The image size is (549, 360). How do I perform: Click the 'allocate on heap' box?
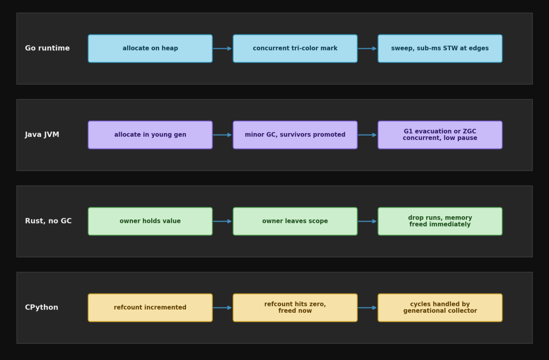click(x=150, y=48)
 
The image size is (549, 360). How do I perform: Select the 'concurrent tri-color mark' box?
click(x=295, y=48)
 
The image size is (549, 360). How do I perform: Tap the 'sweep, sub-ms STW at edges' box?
click(x=440, y=48)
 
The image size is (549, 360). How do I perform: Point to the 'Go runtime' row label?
click(x=47, y=48)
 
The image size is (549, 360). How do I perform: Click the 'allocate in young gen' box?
click(x=150, y=135)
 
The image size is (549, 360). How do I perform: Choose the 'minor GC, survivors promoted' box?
click(x=295, y=135)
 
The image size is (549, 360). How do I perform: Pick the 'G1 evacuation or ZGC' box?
click(x=440, y=135)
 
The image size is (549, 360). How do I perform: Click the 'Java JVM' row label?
click(x=42, y=135)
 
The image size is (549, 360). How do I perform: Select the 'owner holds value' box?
click(x=150, y=221)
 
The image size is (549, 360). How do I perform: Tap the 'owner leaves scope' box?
click(x=295, y=221)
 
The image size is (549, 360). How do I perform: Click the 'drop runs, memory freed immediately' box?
click(x=440, y=221)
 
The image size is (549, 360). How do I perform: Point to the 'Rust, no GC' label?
click(x=48, y=221)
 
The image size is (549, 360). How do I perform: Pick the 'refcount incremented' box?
click(x=150, y=308)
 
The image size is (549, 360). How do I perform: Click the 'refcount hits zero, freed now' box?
click(x=295, y=308)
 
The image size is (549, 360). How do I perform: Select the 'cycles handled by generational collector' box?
click(x=440, y=308)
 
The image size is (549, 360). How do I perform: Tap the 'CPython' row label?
click(x=41, y=307)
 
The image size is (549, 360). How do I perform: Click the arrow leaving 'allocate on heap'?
click(x=222, y=48)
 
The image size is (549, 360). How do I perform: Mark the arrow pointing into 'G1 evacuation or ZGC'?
click(x=367, y=135)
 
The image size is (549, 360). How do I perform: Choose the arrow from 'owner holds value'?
click(x=222, y=221)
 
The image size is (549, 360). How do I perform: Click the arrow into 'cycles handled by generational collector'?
click(x=367, y=308)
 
